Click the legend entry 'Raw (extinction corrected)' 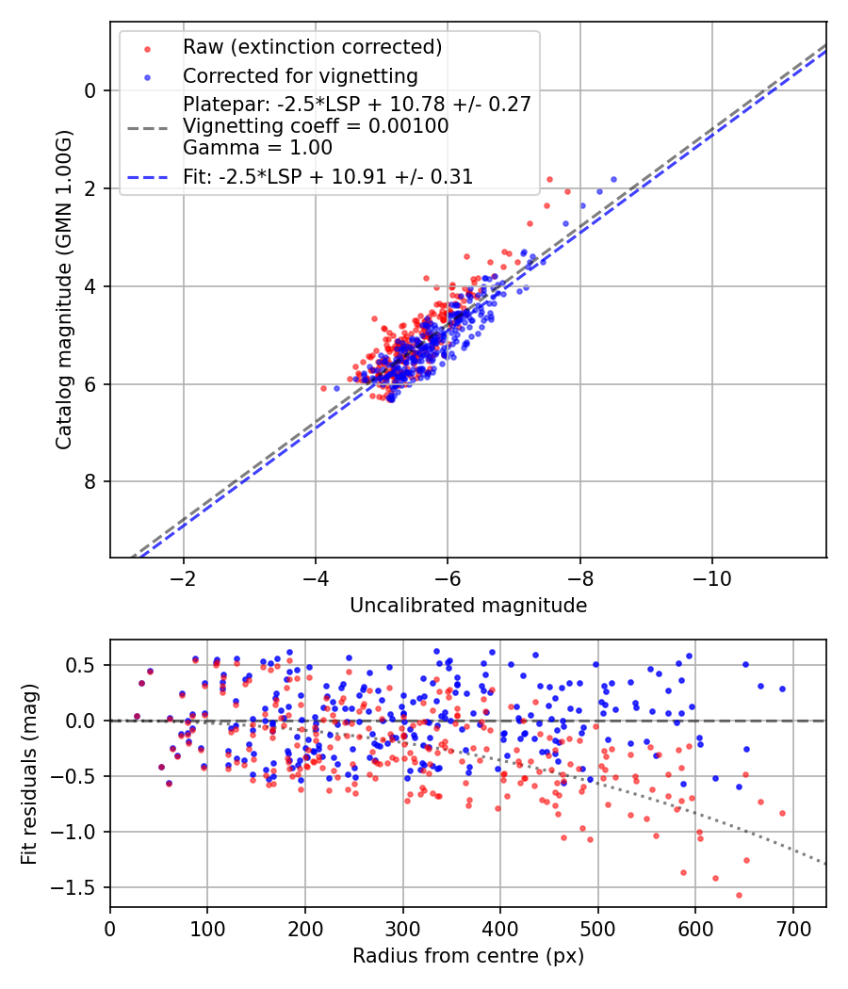pos(312,47)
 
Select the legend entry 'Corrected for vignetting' pos(300,75)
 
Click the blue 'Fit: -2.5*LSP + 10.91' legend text pos(327,176)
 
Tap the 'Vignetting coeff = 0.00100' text pos(316,125)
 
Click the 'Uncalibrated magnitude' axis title pos(468,605)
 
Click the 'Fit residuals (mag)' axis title pos(29,774)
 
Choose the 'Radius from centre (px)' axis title pos(468,956)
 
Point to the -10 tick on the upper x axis pos(712,577)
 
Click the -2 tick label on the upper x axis pos(183,577)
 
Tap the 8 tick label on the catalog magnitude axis pos(90,481)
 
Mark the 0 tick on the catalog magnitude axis pos(90,90)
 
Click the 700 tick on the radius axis pos(792,928)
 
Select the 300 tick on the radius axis pos(402,928)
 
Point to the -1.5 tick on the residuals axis pos(80,887)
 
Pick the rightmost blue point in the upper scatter pos(613,179)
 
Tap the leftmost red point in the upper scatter pos(323,388)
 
